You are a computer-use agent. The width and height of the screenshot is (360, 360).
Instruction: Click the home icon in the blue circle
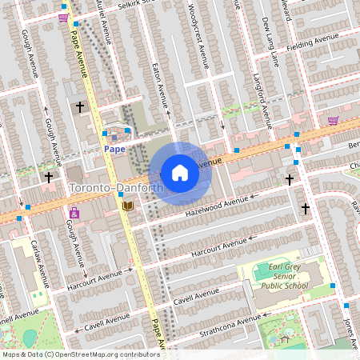click(180, 172)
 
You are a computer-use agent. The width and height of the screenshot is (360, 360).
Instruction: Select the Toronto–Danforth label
click(117, 188)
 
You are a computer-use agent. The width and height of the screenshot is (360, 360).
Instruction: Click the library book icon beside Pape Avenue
click(127, 206)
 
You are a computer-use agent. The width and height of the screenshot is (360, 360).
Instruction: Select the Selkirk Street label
click(120, 5)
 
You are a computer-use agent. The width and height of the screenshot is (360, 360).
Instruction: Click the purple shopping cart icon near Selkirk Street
click(63, 17)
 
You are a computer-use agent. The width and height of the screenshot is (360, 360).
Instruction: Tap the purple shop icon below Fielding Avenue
click(332, 121)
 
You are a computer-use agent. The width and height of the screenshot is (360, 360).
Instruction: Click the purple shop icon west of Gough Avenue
click(74, 214)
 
